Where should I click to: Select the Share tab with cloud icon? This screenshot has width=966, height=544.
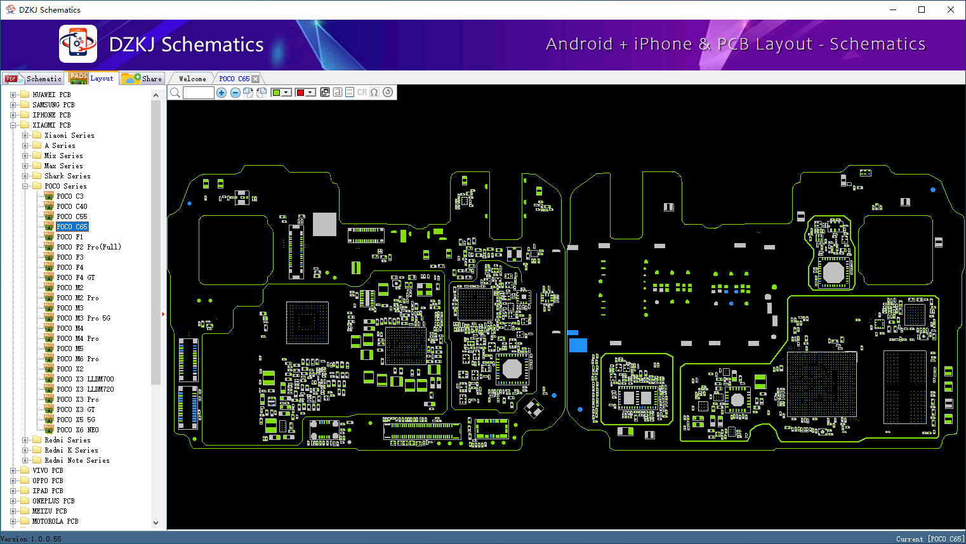click(143, 79)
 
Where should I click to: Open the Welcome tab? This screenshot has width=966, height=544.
click(192, 79)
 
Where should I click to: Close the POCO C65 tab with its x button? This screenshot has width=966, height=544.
click(255, 79)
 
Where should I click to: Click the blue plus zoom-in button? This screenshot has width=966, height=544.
click(222, 93)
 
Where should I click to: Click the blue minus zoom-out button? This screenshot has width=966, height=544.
click(235, 93)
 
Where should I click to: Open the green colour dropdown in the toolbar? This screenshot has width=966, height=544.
click(281, 93)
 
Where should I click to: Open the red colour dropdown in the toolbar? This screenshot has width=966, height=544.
click(305, 93)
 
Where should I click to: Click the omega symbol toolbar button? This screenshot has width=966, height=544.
click(374, 93)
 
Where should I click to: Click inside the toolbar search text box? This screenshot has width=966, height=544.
click(198, 93)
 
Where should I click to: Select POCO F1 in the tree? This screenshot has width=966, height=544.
click(70, 237)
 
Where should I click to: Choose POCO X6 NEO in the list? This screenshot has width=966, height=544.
click(77, 430)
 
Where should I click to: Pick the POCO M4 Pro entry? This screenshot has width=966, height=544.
click(77, 338)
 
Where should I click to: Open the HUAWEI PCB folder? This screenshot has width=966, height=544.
click(51, 95)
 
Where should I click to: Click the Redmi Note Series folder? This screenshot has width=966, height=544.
click(77, 460)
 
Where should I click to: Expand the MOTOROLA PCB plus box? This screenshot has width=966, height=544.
click(13, 521)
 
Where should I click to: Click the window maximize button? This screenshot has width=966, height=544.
click(922, 10)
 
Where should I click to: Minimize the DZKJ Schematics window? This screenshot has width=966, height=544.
click(893, 10)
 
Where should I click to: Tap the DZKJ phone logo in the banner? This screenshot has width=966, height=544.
click(78, 44)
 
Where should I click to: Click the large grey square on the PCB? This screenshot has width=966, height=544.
click(324, 224)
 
